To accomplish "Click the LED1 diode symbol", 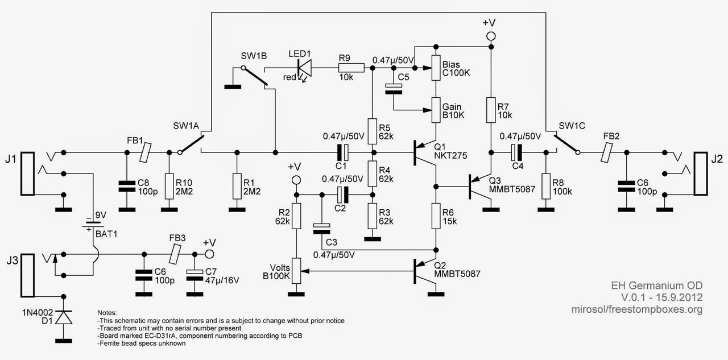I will click(x=305, y=68).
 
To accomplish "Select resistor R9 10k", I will click(x=347, y=68).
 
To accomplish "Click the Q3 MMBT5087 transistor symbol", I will click(x=477, y=186).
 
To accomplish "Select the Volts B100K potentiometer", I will click(x=295, y=272).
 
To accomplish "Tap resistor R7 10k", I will click(x=490, y=110).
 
